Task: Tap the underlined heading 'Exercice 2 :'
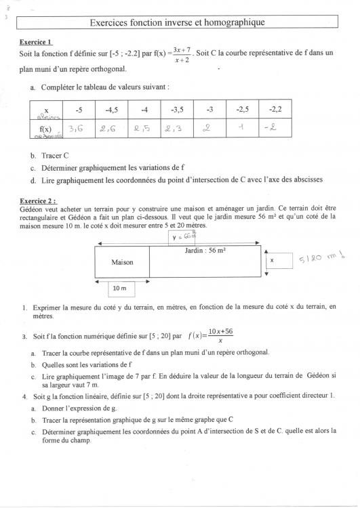point(39,201)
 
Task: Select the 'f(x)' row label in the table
point(45,127)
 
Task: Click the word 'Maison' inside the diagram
point(122,261)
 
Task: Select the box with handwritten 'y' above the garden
point(182,237)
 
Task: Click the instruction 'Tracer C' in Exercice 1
point(56,155)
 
